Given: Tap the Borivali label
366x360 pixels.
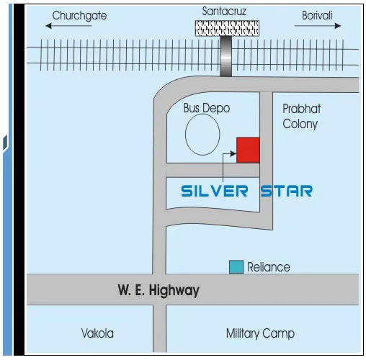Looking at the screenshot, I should click(x=317, y=15).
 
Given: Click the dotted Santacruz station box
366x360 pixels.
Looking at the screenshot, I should click(x=226, y=27).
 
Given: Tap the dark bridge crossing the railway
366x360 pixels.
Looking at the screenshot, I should click(x=226, y=55).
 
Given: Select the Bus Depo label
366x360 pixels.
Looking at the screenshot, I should click(x=207, y=108).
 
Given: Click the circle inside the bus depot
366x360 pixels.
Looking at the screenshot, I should click(x=202, y=135).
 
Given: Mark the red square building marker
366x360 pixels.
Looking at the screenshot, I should click(x=248, y=149).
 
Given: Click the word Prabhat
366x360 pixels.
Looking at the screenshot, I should click(x=301, y=109).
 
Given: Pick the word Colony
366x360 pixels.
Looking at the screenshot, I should click(x=300, y=124).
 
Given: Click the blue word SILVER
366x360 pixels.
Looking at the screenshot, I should click(x=215, y=191).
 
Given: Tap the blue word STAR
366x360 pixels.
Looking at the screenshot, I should click(x=286, y=191).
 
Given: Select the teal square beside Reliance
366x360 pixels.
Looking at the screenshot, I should click(x=236, y=266).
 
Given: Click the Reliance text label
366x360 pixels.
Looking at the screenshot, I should click(x=269, y=267).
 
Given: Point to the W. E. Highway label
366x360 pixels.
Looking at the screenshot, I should click(x=158, y=292).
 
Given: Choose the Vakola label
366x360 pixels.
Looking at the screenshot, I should click(x=97, y=333).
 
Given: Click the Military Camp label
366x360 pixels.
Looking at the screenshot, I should click(x=260, y=333).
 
